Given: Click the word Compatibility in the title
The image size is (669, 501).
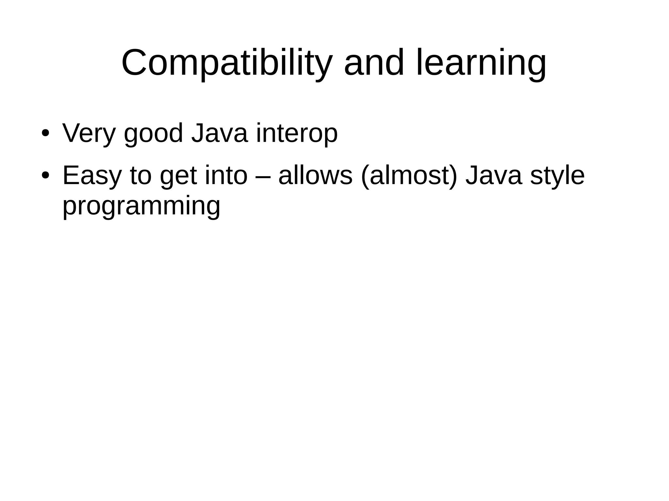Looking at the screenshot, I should pyautogui.click(x=227, y=63).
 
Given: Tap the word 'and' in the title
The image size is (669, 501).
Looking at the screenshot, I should pyautogui.click(x=374, y=63).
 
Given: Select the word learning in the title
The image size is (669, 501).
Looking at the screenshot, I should pyautogui.click(x=481, y=63).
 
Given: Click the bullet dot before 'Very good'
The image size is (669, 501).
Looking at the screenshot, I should pyautogui.click(x=45, y=133).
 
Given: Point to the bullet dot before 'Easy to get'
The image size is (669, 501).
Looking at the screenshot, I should pyautogui.click(x=45, y=176).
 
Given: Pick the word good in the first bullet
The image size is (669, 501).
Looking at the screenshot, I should pyautogui.click(x=154, y=133).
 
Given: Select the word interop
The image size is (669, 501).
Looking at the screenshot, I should pyautogui.click(x=297, y=133).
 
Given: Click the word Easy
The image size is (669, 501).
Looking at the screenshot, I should pyautogui.click(x=92, y=176).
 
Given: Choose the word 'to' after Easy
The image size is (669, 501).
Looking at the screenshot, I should pyautogui.click(x=141, y=176).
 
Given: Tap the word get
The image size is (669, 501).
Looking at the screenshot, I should pyautogui.click(x=178, y=176).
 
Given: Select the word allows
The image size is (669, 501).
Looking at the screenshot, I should pyautogui.click(x=315, y=176).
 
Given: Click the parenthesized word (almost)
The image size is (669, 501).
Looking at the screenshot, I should pyautogui.click(x=409, y=176).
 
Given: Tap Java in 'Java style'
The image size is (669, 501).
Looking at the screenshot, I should pyautogui.click(x=494, y=176).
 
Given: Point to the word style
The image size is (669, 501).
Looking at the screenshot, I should pyautogui.click(x=557, y=176).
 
